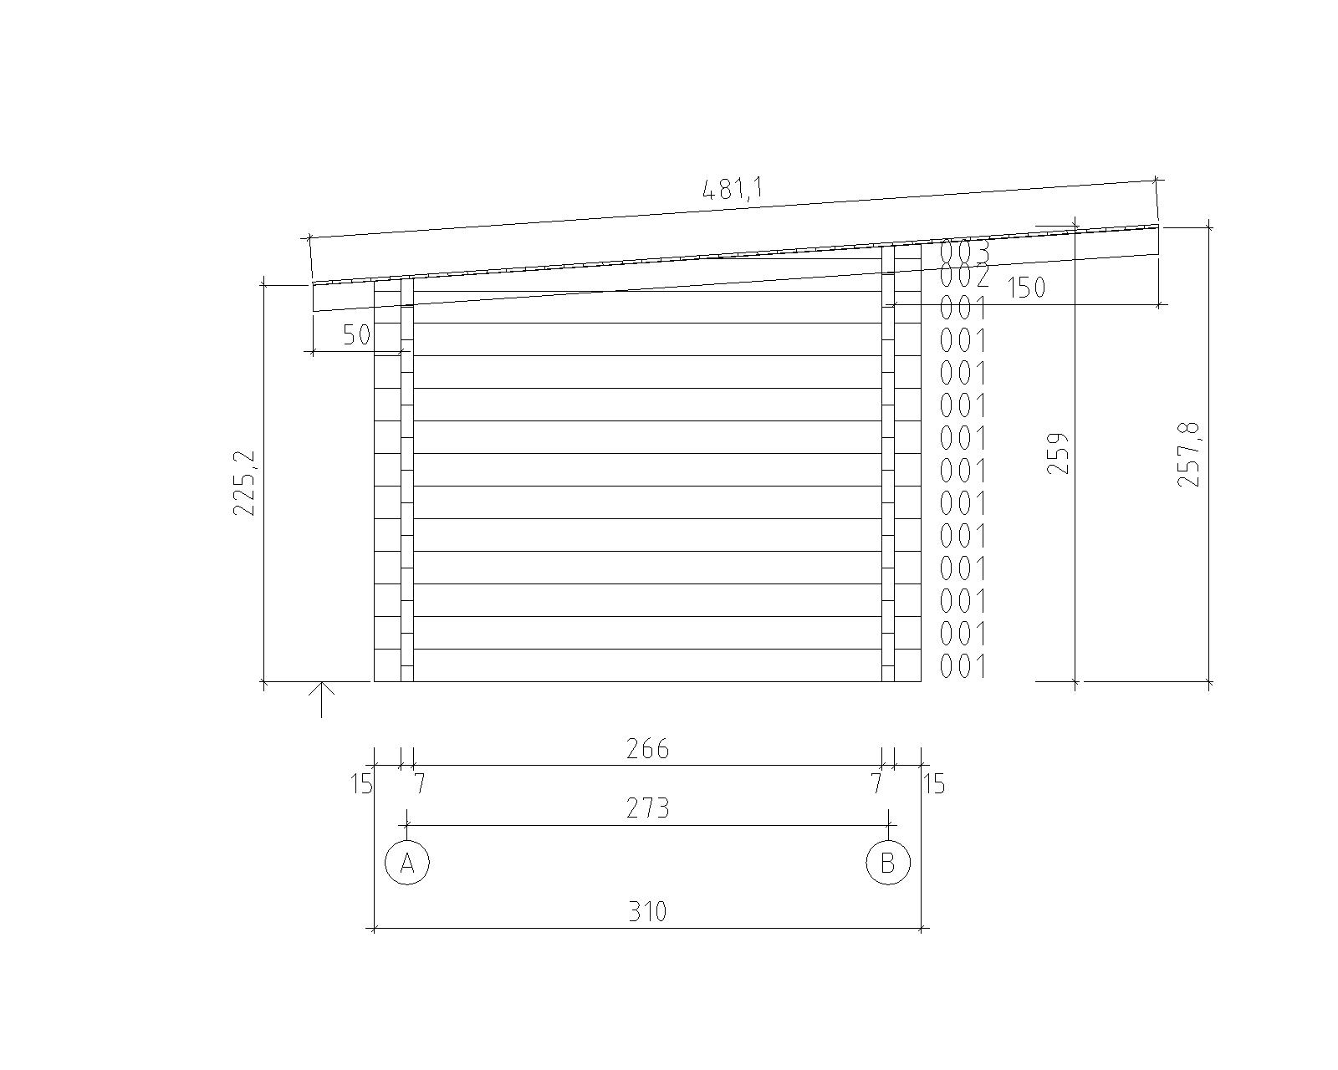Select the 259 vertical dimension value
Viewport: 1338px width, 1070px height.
click(1058, 453)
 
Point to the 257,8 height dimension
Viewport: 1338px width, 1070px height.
click(1188, 454)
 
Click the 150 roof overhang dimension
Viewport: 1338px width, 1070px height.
click(1026, 288)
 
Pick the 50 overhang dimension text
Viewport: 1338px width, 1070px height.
click(357, 335)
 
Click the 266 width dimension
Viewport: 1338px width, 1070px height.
click(647, 749)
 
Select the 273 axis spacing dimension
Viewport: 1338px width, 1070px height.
click(647, 808)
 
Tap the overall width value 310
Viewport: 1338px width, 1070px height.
click(647, 912)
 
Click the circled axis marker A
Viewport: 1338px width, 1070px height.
click(407, 863)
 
